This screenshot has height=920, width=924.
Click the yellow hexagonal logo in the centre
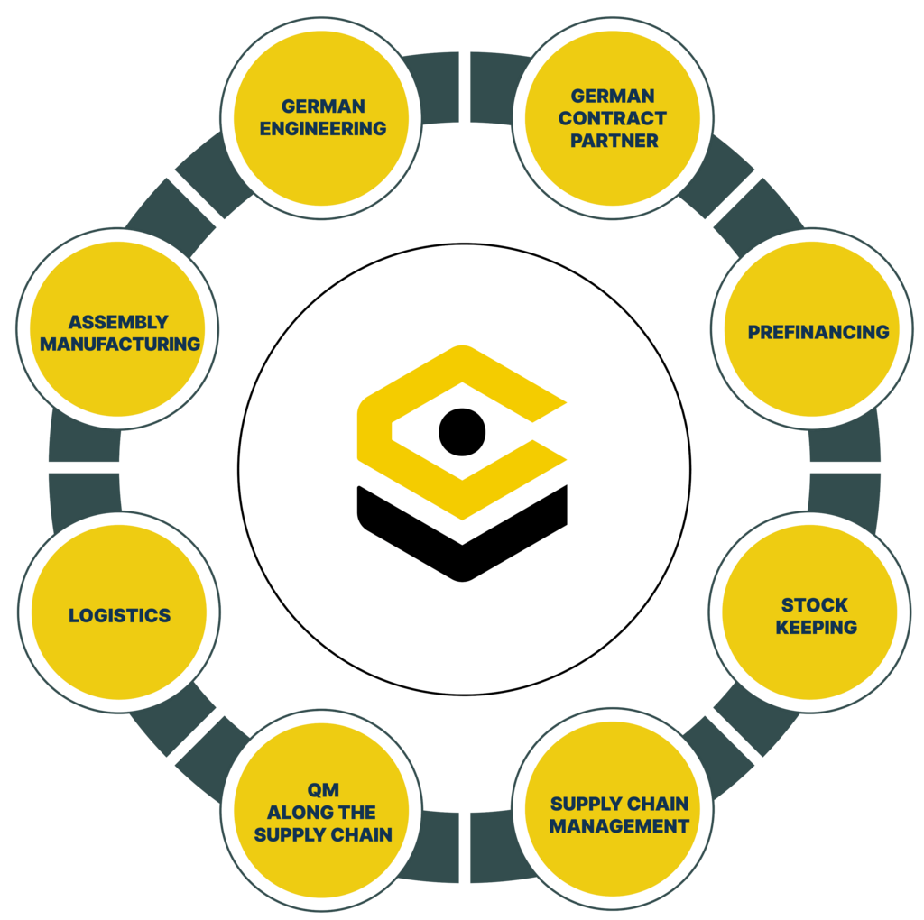click(462, 433)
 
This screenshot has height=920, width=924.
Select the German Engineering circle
click(322, 117)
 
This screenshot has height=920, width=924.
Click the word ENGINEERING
click(323, 129)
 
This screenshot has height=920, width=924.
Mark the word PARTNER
click(614, 141)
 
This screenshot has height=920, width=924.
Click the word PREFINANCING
click(818, 332)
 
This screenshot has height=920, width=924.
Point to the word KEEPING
click(817, 627)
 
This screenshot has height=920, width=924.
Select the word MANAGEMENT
click(619, 825)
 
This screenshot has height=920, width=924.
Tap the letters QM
click(323, 790)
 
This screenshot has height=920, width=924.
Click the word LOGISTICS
click(119, 616)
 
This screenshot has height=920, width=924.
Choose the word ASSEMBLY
click(118, 322)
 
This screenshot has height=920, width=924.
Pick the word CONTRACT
click(613, 118)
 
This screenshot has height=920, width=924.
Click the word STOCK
click(815, 604)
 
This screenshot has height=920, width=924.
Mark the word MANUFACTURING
click(120, 344)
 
